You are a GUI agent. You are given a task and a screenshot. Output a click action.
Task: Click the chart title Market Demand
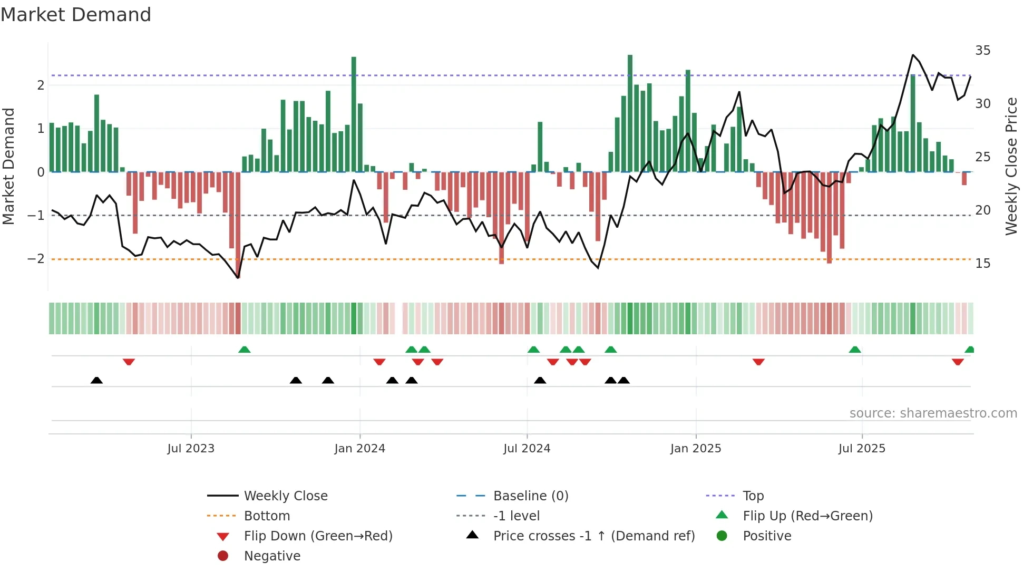[76, 15]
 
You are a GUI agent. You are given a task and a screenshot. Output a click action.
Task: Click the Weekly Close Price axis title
[1011, 166]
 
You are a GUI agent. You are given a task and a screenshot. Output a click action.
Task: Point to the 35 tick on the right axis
[982, 51]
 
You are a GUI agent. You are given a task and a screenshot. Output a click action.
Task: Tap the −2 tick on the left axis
[36, 259]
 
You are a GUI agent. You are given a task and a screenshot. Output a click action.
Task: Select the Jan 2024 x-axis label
[359, 449]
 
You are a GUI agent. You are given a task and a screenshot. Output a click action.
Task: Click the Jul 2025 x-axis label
[862, 449]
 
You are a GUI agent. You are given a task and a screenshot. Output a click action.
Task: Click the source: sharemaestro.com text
[933, 413]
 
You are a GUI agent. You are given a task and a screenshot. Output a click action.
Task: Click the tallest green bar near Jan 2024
[354, 113]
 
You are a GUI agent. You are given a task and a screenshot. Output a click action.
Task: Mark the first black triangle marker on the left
[96, 381]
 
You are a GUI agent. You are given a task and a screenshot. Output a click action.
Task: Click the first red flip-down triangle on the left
[129, 362]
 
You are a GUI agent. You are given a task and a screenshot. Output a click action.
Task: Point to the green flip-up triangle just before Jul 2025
[855, 350]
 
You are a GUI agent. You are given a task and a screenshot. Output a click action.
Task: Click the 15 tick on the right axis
[982, 264]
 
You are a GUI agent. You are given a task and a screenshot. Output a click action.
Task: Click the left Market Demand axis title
[8, 166]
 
